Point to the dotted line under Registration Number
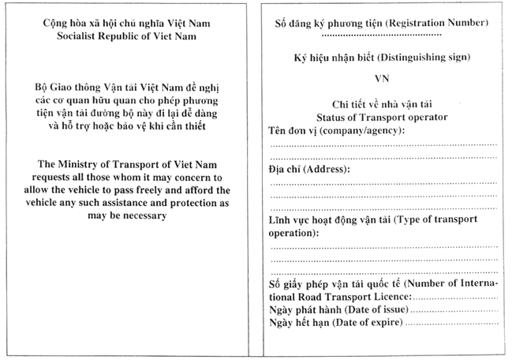(382, 36)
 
